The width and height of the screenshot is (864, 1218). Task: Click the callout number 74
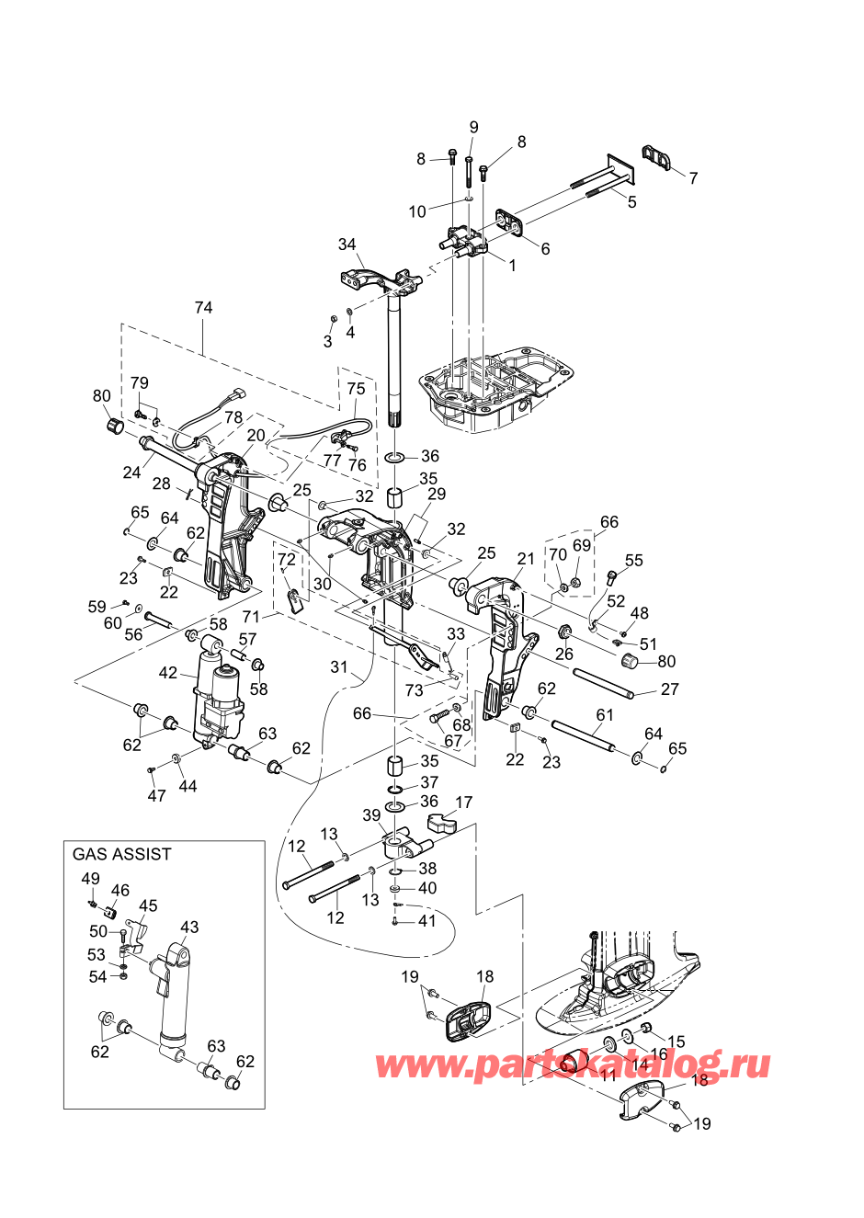[203, 307]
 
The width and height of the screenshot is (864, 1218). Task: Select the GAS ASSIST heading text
[121, 854]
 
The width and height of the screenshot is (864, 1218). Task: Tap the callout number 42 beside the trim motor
[168, 673]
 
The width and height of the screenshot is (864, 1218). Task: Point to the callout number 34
[347, 245]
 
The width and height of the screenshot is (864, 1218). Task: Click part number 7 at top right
[693, 178]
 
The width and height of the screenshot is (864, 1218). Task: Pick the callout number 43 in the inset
[189, 927]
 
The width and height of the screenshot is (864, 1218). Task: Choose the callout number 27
[670, 689]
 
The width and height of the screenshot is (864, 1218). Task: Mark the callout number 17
[463, 803]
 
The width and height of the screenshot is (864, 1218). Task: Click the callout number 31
[340, 666]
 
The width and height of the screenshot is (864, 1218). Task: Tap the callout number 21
[526, 559]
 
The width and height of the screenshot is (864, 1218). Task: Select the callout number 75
[356, 389]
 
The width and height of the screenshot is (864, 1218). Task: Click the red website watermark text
[572, 1065]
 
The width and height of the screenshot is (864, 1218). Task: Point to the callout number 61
[605, 714]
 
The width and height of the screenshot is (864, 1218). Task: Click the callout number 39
[371, 815]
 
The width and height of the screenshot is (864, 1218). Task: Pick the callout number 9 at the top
[474, 127]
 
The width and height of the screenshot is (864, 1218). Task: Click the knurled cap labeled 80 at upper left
[114, 427]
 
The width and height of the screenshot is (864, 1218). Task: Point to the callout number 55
[634, 560]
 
